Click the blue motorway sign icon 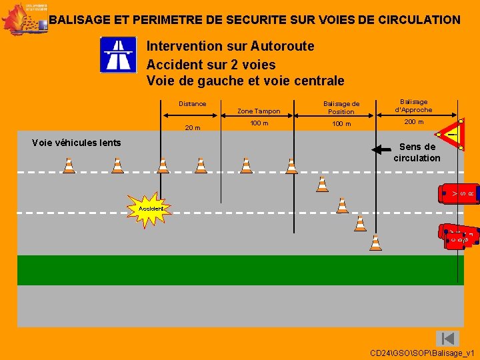click(x=118, y=55)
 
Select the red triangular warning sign click(x=450, y=135)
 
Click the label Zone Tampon click(x=259, y=111)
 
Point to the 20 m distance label click(x=193, y=128)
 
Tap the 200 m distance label click(x=413, y=122)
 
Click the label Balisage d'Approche click(x=413, y=105)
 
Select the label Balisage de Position click(x=341, y=107)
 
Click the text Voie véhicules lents click(x=77, y=142)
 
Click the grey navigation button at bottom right click(x=448, y=338)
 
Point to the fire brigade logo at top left click(x=24, y=19)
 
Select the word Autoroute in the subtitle click(x=282, y=46)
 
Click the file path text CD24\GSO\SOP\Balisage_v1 click(x=422, y=352)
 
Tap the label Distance click(x=193, y=103)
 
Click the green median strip click(x=240, y=270)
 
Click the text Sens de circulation click(x=417, y=153)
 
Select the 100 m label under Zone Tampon click(x=259, y=123)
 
